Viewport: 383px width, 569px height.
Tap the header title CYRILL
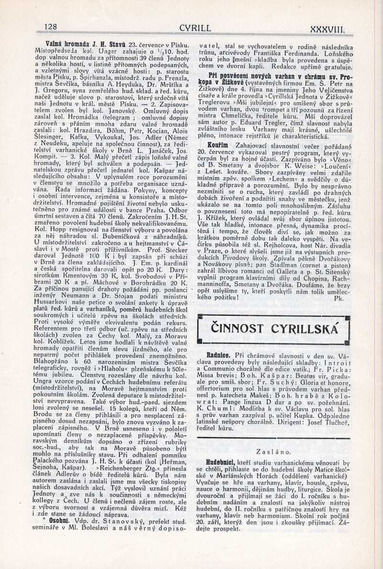point(195,28)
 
